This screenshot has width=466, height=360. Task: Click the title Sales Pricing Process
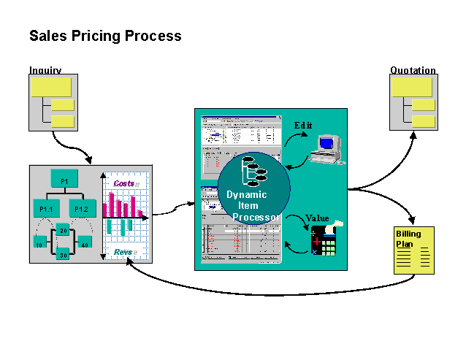coord(105,35)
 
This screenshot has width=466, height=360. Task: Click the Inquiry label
coord(45,71)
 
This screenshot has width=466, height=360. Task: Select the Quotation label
coord(413,71)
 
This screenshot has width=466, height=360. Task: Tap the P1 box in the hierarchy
coord(64,180)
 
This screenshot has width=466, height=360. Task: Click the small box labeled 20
coord(64,231)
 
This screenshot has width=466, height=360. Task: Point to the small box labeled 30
coord(64,255)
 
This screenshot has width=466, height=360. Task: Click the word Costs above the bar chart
coord(124,183)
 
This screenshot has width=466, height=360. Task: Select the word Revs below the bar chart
coord(123,252)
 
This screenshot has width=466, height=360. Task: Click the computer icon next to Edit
coord(324,148)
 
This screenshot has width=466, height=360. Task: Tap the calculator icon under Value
coord(324,239)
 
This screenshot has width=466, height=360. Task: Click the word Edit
coord(302,126)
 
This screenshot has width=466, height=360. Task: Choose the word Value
coord(316,218)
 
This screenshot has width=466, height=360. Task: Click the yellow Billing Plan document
coord(413,249)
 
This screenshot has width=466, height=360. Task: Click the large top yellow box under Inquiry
coord(50,87)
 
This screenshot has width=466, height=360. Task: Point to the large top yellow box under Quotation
coord(412,87)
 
